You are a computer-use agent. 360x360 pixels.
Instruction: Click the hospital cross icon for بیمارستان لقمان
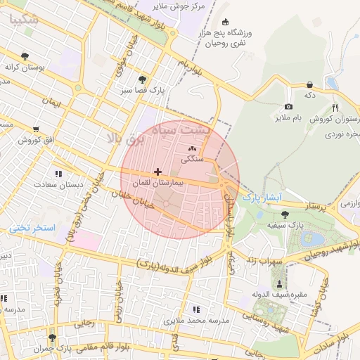(x=157, y=172)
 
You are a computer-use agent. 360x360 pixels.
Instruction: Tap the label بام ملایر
(x=288, y=117)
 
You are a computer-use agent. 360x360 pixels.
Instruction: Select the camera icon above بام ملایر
(x=288, y=106)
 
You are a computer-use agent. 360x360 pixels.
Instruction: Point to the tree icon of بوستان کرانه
(x=25, y=56)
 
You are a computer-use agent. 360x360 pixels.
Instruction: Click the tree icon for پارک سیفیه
(x=284, y=214)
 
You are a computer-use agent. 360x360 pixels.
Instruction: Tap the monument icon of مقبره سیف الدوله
(x=281, y=284)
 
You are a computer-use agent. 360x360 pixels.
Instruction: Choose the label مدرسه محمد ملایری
(x=197, y=321)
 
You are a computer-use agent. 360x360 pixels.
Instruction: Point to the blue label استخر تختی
(x=32, y=229)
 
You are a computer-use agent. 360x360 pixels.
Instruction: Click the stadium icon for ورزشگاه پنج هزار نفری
(x=225, y=22)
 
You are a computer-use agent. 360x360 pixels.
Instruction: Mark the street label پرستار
(x=309, y=207)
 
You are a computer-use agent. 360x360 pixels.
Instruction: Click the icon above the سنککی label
(x=193, y=149)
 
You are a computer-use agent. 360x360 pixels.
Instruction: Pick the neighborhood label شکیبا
(x=25, y=20)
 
